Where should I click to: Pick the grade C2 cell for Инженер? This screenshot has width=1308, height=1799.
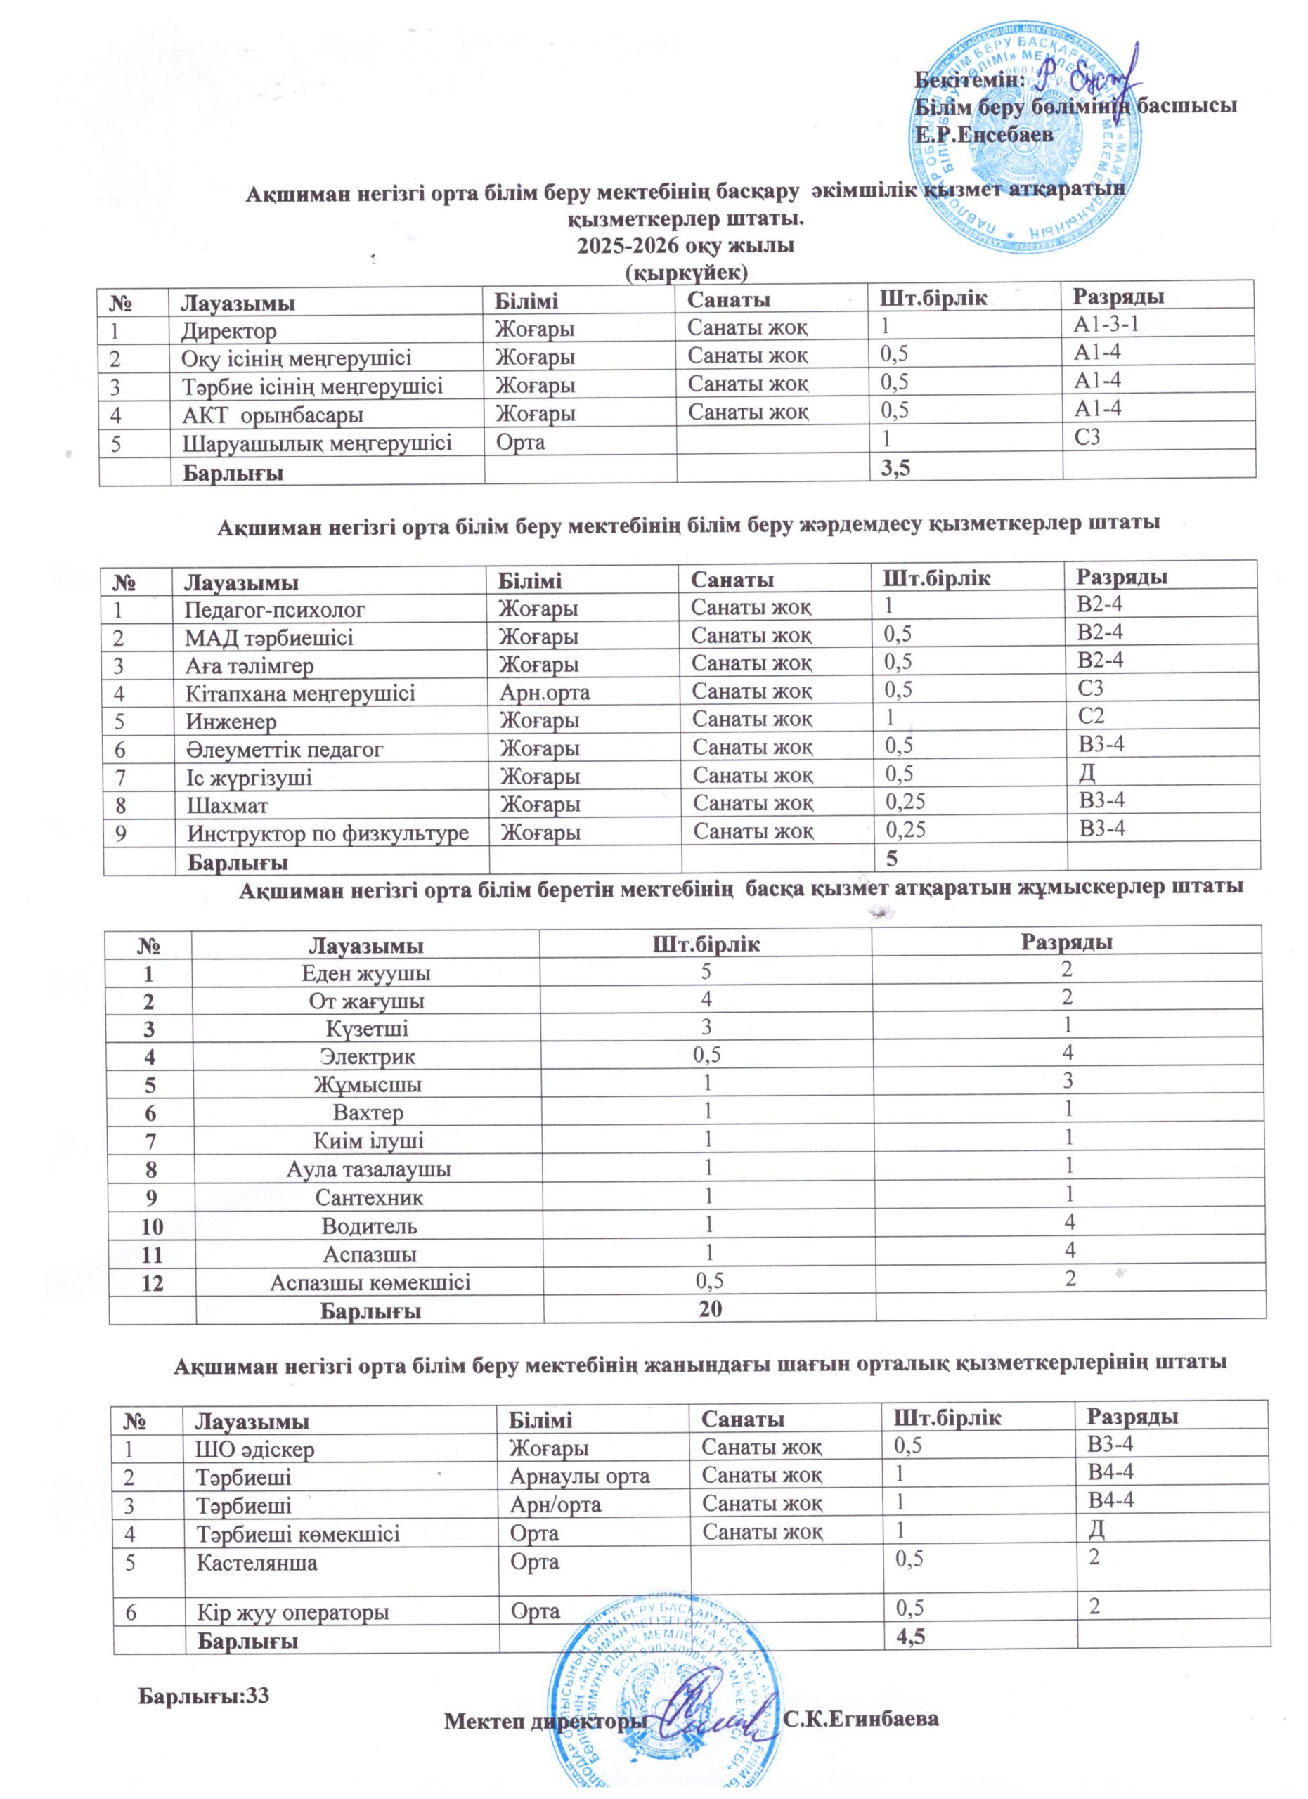tap(1092, 716)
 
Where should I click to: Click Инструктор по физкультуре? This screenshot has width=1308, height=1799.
tap(328, 833)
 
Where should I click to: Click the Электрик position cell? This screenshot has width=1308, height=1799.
tap(368, 1056)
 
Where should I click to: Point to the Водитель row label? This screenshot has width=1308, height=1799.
tap(369, 1226)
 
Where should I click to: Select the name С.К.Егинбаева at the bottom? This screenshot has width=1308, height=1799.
tap(860, 1720)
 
